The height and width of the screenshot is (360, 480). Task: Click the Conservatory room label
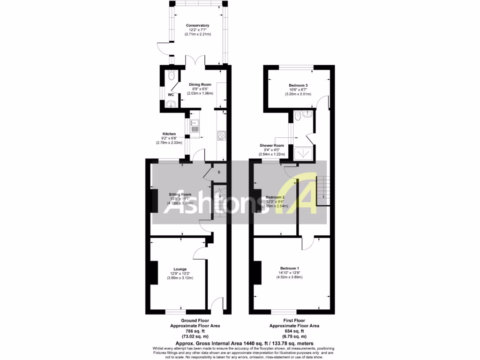(197, 25)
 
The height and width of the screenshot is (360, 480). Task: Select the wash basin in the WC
(172, 104)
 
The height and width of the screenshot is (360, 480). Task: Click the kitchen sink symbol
(195, 126)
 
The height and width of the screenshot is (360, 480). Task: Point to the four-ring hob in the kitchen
(222, 136)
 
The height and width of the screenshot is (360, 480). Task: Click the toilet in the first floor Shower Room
(298, 115)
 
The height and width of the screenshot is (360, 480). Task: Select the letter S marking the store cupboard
(219, 172)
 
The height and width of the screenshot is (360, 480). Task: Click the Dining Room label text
(200, 85)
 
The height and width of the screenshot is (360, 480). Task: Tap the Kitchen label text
(169, 134)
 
